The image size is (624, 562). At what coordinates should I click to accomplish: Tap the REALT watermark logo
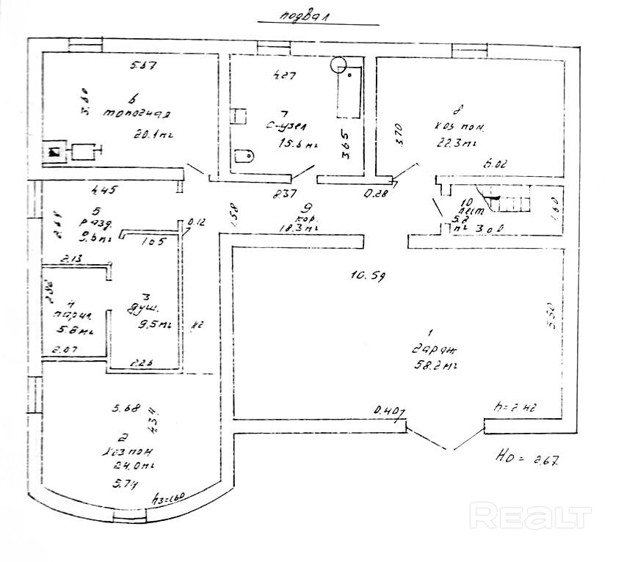pyautogui.click(x=531, y=516)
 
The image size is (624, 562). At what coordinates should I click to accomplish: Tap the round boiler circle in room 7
pyautogui.click(x=339, y=65)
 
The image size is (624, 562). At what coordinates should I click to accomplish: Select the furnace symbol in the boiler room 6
pyautogui.click(x=55, y=153)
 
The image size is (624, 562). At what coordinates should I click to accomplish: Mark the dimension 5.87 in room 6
pyautogui.click(x=145, y=66)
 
